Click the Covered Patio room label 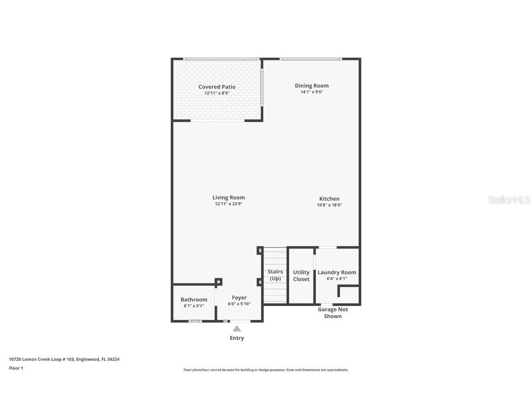click(x=217, y=87)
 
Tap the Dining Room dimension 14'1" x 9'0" click(x=312, y=92)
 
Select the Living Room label click(x=229, y=198)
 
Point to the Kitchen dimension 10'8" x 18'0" click(x=329, y=205)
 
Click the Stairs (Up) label click(x=275, y=275)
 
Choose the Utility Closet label click(x=301, y=276)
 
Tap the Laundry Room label click(x=337, y=272)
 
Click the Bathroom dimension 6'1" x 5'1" click(x=193, y=306)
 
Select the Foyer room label click(x=239, y=298)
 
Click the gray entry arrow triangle click(x=237, y=329)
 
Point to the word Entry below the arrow click(x=237, y=338)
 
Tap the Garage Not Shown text click(x=332, y=313)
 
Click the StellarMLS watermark click(x=509, y=200)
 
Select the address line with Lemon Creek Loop click(x=64, y=359)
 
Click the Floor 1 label click(x=16, y=368)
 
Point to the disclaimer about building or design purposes click(x=266, y=370)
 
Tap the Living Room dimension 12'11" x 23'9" click(x=229, y=204)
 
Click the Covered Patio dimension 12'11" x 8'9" click(x=217, y=93)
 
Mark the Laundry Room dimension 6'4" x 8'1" click(x=337, y=278)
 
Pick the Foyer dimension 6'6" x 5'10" click(x=239, y=304)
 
